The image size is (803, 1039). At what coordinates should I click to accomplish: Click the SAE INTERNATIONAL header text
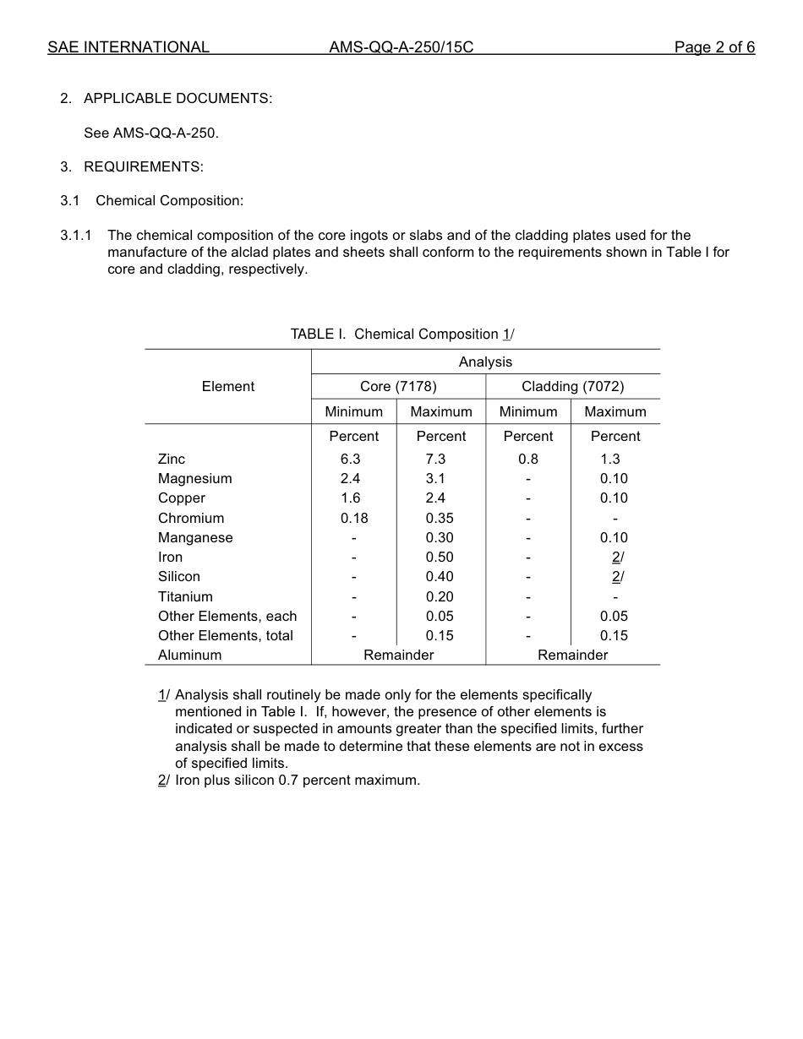click(x=128, y=47)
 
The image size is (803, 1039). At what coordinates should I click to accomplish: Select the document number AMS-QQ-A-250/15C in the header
click(x=401, y=47)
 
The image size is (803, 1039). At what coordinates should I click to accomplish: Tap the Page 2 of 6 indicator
click(x=714, y=47)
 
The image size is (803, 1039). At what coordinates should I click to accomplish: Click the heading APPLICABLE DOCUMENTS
click(x=178, y=99)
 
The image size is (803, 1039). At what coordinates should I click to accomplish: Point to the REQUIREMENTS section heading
click(x=143, y=167)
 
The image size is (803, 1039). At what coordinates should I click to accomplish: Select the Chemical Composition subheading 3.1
click(x=169, y=201)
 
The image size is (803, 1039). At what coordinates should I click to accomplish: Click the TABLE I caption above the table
click(x=401, y=335)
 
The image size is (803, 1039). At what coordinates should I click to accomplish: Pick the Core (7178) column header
click(x=398, y=387)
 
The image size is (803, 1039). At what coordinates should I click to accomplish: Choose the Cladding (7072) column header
click(x=572, y=387)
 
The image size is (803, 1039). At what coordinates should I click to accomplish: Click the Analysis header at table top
click(x=485, y=362)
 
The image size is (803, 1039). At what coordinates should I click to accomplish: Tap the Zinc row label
click(x=172, y=460)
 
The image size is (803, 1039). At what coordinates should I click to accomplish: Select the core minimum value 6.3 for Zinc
click(x=351, y=460)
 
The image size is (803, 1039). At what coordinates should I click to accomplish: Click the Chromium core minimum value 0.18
click(x=354, y=519)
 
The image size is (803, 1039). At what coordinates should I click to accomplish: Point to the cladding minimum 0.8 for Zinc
click(x=528, y=460)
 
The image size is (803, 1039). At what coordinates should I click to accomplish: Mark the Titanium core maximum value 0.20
click(x=440, y=597)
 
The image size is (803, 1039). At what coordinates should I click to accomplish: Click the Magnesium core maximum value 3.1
click(x=435, y=479)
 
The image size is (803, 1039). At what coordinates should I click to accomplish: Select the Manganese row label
click(x=195, y=538)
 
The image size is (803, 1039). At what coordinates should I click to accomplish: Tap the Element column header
click(x=227, y=387)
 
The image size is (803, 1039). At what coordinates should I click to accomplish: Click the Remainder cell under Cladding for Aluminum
click(x=572, y=655)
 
